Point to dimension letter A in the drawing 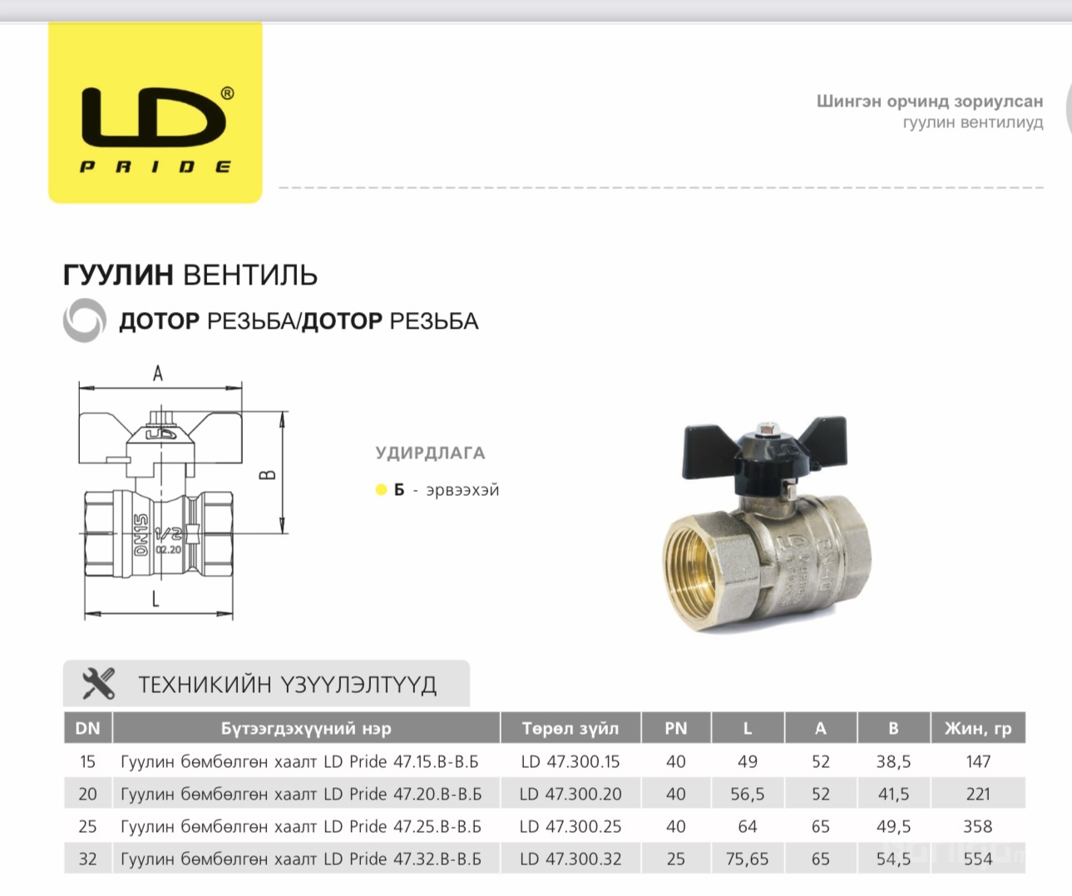[x=158, y=374]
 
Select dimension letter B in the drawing [x=267, y=475]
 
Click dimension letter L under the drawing [x=156, y=598]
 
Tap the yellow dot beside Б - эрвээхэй [x=381, y=490]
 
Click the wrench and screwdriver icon [x=99, y=684]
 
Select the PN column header [x=675, y=728]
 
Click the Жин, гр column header [x=978, y=728]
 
